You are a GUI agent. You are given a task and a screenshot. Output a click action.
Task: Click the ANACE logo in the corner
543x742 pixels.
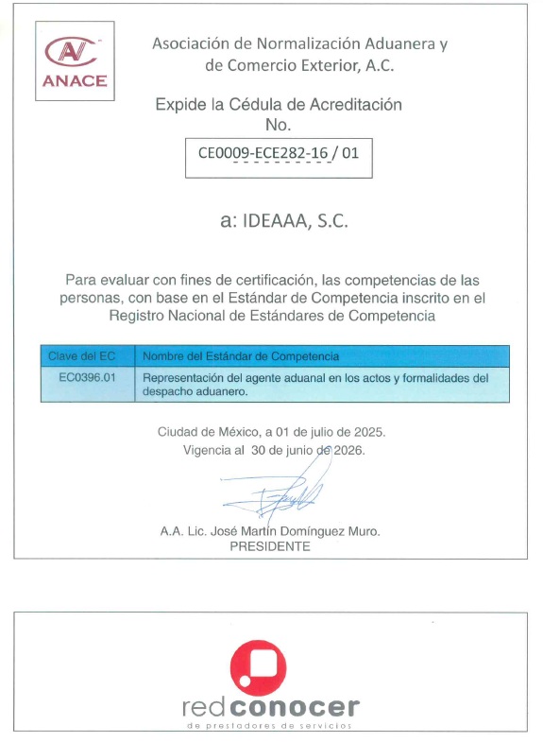click(x=75, y=60)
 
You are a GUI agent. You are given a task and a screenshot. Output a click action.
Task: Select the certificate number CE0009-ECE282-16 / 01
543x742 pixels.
click(x=279, y=151)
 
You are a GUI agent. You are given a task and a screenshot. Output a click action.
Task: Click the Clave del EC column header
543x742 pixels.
click(x=81, y=355)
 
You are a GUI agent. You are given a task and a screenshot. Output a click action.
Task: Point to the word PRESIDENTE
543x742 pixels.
click(x=270, y=546)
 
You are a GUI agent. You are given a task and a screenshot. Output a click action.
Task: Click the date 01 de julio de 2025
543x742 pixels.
click(x=326, y=432)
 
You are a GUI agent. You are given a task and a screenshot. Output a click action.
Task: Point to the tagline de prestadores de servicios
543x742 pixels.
click(x=270, y=725)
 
